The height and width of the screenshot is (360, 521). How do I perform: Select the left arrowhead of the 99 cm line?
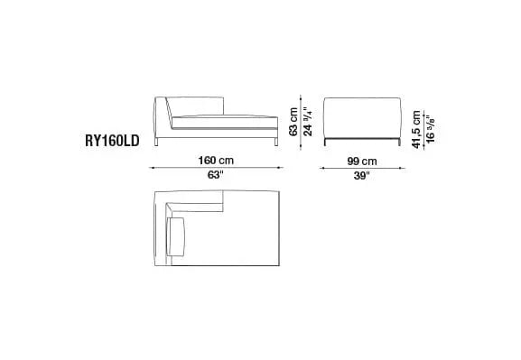pyautogui.click(x=323, y=167)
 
